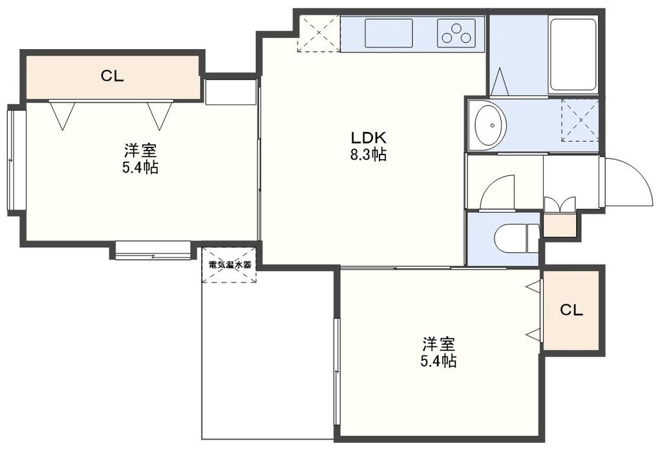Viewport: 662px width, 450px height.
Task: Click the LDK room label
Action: (x=368, y=138)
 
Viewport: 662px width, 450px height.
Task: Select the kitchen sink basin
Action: (x=389, y=32)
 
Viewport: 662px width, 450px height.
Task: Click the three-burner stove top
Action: (x=456, y=33)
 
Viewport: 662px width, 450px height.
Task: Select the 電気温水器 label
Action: (x=230, y=264)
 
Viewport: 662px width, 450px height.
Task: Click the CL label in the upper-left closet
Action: (x=112, y=76)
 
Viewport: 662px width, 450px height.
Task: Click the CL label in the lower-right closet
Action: (x=571, y=310)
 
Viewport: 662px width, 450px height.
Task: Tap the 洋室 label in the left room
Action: (x=141, y=151)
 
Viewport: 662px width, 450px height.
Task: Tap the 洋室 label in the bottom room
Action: (x=440, y=343)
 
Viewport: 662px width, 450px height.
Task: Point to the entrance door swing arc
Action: (x=627, y=183)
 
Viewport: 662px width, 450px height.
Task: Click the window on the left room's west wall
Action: (x=11, y=160)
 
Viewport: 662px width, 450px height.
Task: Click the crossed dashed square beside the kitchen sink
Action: (x=318, y=34)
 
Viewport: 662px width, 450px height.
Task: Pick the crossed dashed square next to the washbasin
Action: (x=579, y=120)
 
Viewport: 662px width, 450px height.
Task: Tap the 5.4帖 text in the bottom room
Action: (x=440, y=361)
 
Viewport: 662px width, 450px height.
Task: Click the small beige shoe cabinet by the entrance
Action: (x=558, y=224)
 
